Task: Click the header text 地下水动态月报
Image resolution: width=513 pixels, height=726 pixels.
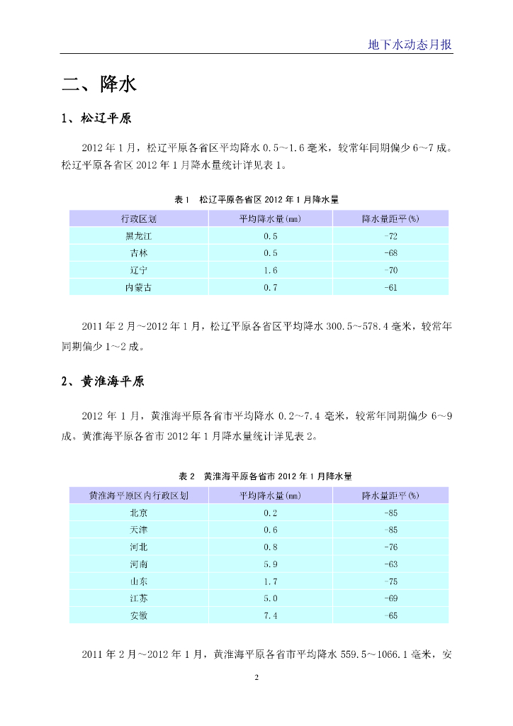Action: pos(410,44)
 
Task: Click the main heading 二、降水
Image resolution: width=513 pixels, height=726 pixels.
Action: pos(98,85)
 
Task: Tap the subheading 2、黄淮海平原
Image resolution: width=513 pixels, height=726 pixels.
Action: pos(103,381)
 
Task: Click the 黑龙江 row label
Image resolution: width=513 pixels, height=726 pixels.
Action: pos(139,235)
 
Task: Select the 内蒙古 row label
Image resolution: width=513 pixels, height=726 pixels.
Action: pos(139,287)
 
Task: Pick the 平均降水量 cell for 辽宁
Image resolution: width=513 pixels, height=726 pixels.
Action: pos(270,270)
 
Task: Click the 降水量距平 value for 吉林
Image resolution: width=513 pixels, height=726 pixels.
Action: pos(390,252)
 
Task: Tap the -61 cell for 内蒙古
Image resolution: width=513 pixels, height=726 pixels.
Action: pos(390,287)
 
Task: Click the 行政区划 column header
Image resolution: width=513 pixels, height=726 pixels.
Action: pos(139,218)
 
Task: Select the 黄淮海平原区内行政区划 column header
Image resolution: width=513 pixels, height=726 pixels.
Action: pos(139,495)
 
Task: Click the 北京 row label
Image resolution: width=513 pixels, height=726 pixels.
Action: pos(139,513)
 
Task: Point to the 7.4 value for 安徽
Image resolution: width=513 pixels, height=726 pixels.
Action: pos(270,615)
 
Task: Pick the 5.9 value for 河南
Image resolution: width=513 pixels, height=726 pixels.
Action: pos(270,564)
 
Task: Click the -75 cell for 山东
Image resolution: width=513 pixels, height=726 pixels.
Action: pos(390,581)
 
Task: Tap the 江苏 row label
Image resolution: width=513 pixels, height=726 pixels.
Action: pos(139,598)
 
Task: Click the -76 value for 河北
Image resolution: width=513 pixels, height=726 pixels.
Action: pos(390,547)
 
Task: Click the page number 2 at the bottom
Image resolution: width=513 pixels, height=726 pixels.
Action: pos(256,678)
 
